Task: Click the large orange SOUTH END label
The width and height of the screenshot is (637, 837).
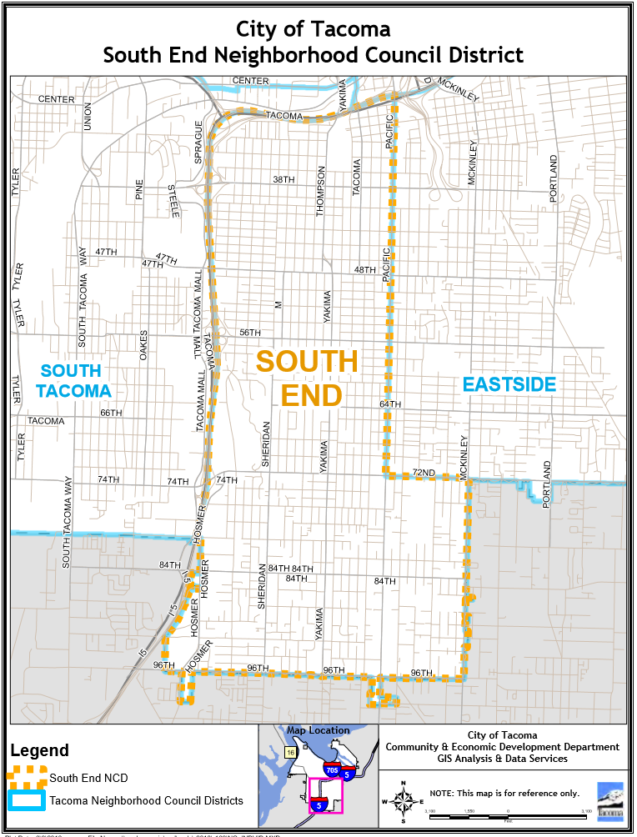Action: pos(307,378)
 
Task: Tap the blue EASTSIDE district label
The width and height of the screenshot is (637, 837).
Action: pos(509,384)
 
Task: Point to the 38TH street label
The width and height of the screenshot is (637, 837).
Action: pos(284,180)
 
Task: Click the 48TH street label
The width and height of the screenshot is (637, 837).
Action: pos(365,270)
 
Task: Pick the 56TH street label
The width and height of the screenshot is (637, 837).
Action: pos(250,332)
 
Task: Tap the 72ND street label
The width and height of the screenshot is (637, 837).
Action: pos(424,474)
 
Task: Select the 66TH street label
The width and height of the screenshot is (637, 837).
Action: pos(111,413)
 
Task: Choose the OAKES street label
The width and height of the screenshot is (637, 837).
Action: pos(143,344)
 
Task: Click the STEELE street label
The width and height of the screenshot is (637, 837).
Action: pos(173,201)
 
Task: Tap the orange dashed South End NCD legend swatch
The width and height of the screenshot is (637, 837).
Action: pos(28,778)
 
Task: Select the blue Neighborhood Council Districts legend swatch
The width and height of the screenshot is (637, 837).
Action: pos(28,800)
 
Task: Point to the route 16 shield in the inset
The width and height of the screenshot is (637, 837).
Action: pos(290,752)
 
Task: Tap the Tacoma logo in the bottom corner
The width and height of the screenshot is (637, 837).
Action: pos(610,802)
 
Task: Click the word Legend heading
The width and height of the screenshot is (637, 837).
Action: pos(39,750)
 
